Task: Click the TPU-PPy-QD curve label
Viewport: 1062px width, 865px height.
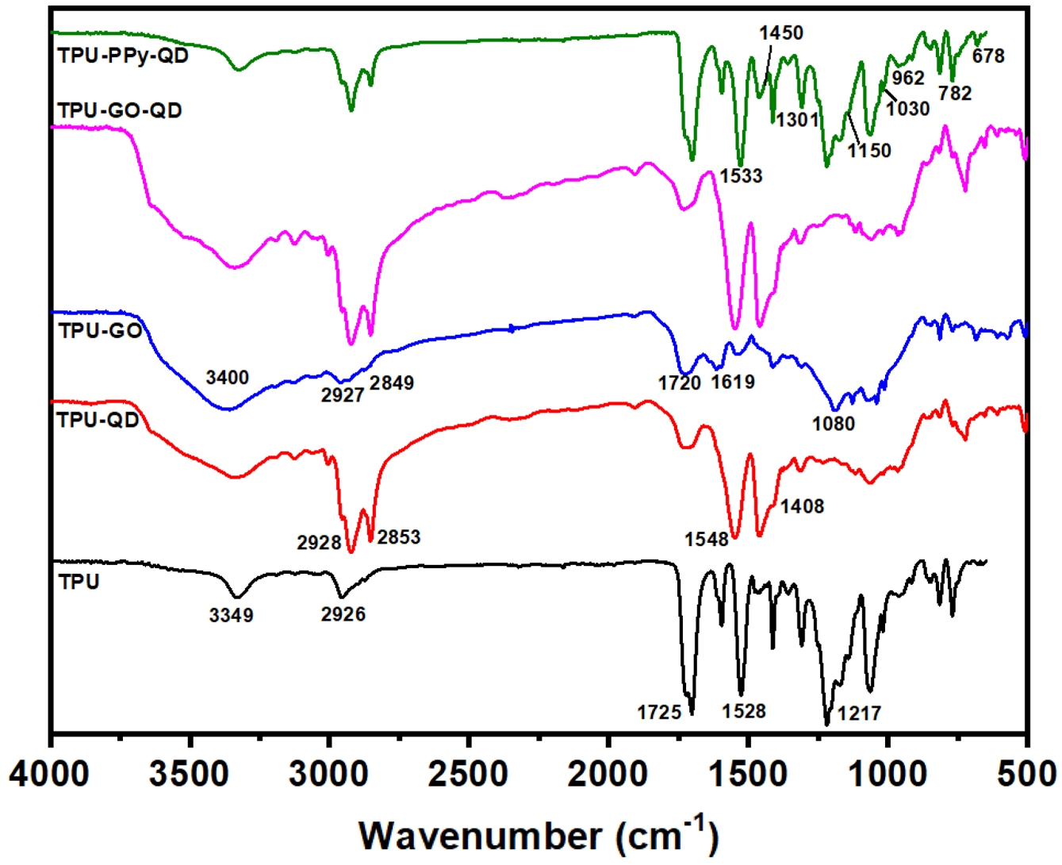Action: coord(123,56)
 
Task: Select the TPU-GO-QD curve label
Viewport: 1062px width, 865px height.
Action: coord(120,110)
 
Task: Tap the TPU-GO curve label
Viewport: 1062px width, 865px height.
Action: coord(100,331)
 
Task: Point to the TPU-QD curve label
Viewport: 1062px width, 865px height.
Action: coord(98,420)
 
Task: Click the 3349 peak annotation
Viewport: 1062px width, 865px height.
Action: coord(232,615)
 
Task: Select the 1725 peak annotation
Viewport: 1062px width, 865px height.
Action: coord(659,713)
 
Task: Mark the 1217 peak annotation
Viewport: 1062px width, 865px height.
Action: coord(860,713)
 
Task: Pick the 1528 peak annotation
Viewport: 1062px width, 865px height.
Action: coord(744,710)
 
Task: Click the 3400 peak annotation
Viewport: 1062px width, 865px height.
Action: coord(228,377)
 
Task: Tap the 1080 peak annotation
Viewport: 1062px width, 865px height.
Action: coord(834,424)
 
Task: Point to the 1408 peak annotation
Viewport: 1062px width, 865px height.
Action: coord(802,506)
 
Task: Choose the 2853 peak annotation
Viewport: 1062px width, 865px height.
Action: coord(399,537)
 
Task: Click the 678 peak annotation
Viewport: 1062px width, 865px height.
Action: coord(988,56)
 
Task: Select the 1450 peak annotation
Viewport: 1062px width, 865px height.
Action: coord(781,33)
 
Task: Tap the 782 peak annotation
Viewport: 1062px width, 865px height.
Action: coord(955,94)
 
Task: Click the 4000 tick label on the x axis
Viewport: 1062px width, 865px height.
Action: coord(50,773)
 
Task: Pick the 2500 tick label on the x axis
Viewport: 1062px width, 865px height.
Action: coord(469,773)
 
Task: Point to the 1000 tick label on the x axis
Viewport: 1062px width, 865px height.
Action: coord(887,773)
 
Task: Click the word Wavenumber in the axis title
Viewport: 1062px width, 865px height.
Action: coord(481,836)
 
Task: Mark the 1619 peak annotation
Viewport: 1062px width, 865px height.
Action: coord(733,383)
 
